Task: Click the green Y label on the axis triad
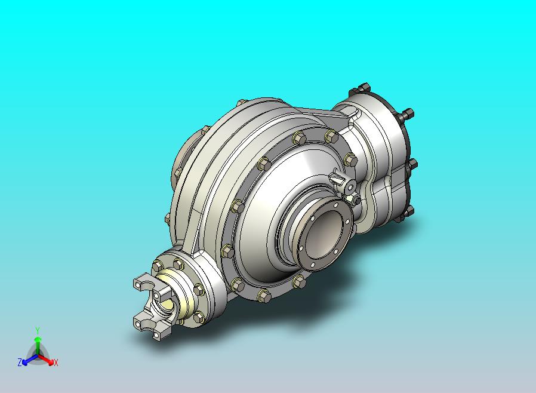38,330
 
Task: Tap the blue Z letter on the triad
20,362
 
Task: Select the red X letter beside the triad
56,363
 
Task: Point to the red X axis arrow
45,359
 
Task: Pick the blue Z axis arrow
30,360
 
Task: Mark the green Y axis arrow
38,346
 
